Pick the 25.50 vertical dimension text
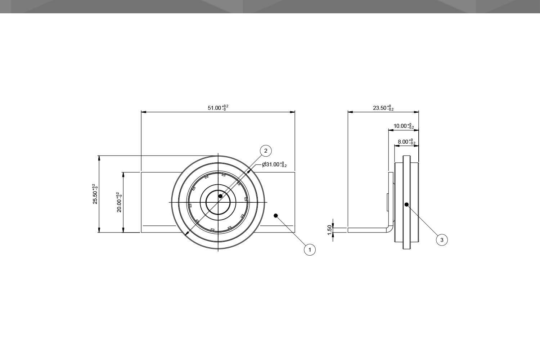95,194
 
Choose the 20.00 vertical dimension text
119,202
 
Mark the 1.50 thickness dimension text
329,230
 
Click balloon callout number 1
310,249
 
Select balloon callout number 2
266,151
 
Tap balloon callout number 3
442,239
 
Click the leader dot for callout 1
276,216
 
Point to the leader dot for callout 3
406,204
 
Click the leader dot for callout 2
220,196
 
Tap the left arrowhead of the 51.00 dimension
143,112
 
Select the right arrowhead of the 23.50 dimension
417,112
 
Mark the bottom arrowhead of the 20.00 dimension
123,230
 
